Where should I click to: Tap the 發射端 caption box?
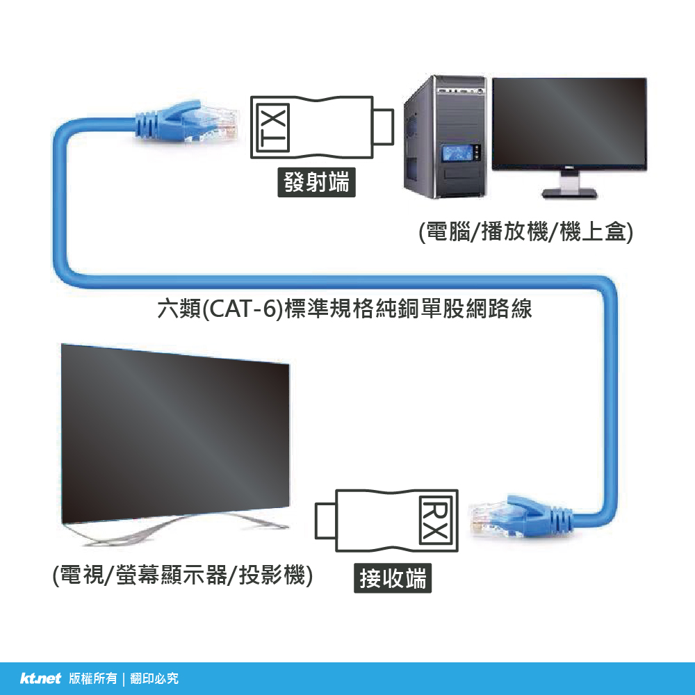point(317,183)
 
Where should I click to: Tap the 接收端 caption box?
point(393,578)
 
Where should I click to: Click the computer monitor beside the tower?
point(569,125)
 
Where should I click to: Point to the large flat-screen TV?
point(174,431)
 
